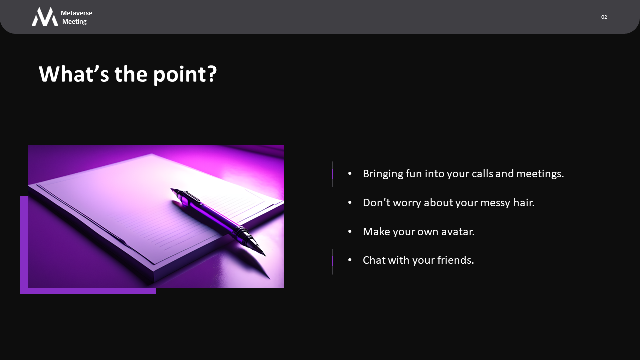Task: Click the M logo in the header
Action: (x=45, y=17)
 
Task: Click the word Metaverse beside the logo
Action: (x=76, y=13)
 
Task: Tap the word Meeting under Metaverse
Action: (x=74, y=22)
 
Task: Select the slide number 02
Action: (x=604, y=17)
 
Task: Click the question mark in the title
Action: (x=211, y=74)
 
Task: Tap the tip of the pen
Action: (x=265, y=255)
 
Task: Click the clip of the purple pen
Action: (x=190, y=196)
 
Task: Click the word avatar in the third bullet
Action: (x=458, y=231)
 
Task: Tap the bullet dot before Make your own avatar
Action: (x=350, y=231)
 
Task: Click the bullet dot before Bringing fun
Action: (x=350, y=173)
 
